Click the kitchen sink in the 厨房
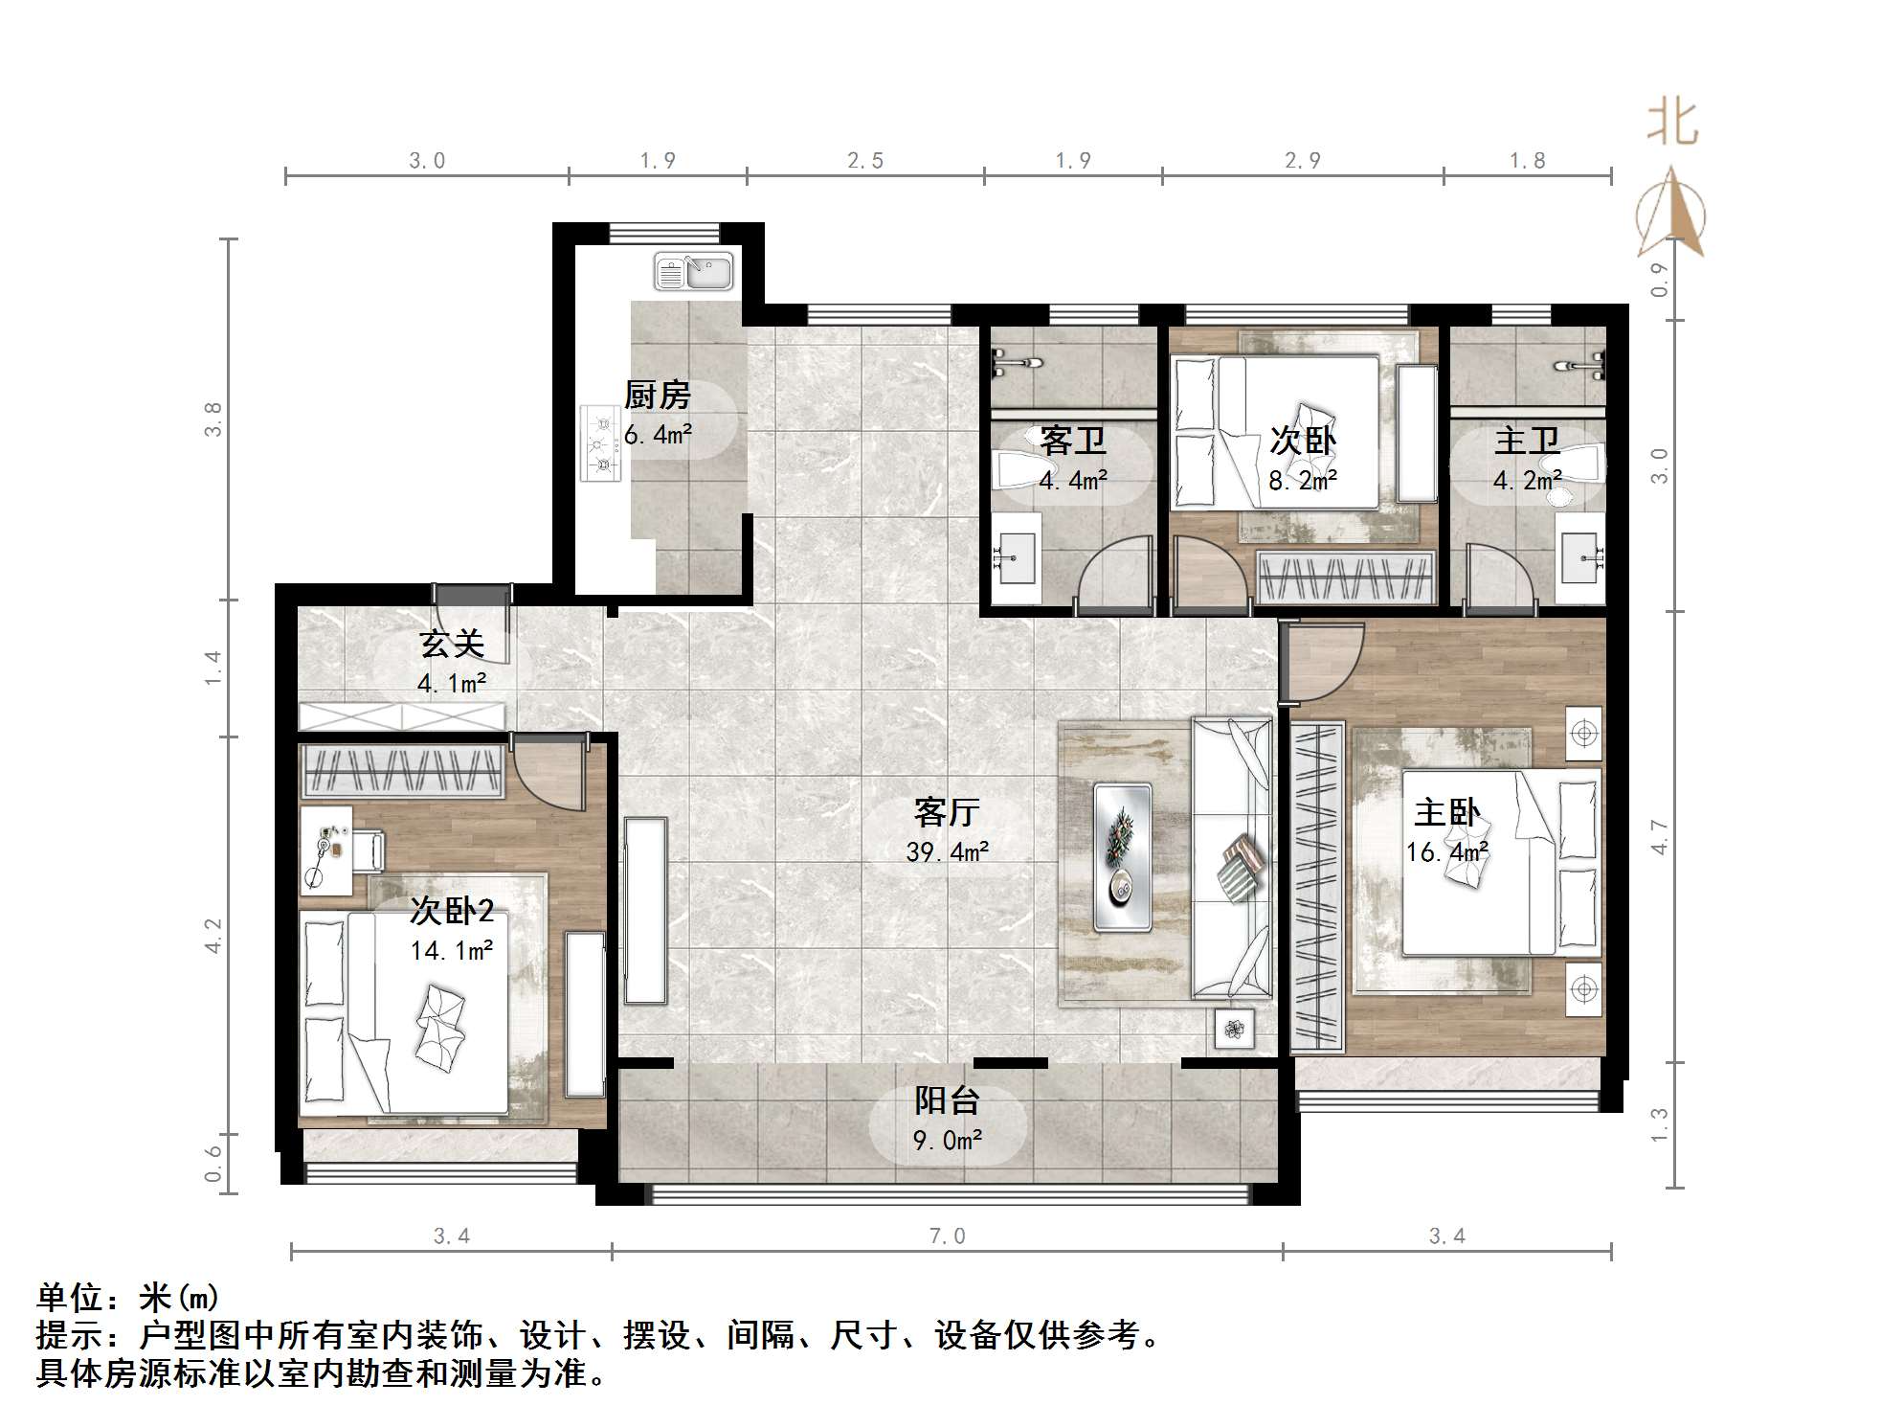click(x=693, y=272)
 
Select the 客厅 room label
click(x=946, y=812)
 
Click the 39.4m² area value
click(x=947, y=851)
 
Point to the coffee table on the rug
click(x=1122, y=856)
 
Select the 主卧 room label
click(x=1446, y=813)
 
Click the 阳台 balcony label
click(x=946, y=1100)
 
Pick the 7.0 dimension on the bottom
click(x=947, y=1236)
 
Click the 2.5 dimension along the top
click(x=865, y=161)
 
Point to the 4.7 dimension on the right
click(x=1660, y=837)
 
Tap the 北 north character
click(x=1672, y=123)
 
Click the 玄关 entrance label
click(x=452, y=644)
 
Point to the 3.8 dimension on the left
click(x=213, y=419)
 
